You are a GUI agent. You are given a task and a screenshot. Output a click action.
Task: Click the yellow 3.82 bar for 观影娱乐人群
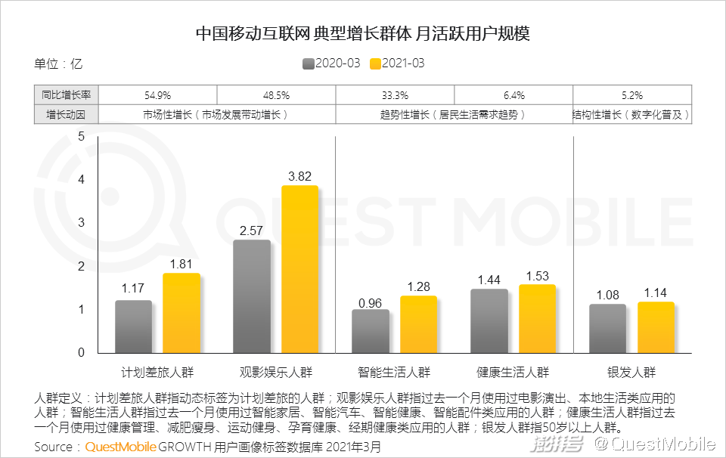[299, 269]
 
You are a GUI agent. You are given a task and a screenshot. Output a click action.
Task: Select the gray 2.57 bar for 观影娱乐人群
[252, 296]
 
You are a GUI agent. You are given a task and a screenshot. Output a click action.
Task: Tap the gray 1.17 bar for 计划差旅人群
[133, 326]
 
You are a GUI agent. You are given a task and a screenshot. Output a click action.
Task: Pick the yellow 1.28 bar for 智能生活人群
[418, 324]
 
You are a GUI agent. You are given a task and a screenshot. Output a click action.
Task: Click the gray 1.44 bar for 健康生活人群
[489, 320]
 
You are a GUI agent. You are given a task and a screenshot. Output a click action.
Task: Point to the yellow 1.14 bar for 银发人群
[656, 327]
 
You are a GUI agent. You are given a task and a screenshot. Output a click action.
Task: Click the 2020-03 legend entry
[330, 63]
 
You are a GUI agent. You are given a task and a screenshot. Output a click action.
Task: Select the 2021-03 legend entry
[396, 63]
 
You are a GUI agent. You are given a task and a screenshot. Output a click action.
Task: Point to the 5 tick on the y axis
[82, 136]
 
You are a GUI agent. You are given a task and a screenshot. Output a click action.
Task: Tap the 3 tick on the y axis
[82, 223]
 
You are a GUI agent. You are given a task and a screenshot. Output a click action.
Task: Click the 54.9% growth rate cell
[157, 96]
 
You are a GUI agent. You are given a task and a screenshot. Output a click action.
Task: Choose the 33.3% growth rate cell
[395, 96]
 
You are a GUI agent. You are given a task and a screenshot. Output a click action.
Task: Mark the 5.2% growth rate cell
[631, 96]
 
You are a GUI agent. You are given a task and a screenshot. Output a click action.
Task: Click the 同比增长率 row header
[67, 96]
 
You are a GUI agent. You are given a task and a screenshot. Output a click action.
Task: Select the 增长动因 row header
[67, 115]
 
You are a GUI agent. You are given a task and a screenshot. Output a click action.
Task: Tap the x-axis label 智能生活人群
[393, 372]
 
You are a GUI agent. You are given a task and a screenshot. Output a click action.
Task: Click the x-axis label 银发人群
[631, 372]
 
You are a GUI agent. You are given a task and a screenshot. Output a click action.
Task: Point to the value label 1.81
[181, 265]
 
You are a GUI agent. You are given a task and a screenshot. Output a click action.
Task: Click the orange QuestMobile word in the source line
[120, 447]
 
